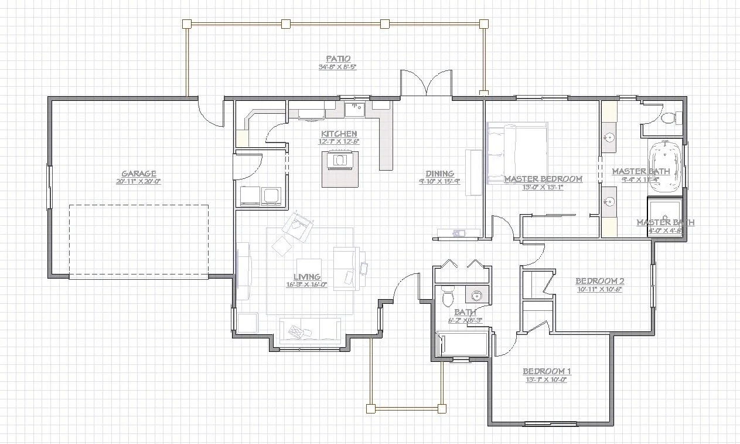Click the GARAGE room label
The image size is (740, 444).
click(x=138, y=174)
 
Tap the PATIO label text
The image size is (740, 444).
click(x=338, y=59)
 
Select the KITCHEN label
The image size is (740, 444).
click(x=339, y=134)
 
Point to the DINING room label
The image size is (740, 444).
click(x=439, y=174)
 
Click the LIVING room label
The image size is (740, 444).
click(x=306, y=277)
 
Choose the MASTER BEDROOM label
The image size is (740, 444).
click(x=543, y=179)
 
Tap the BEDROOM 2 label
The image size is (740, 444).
click(x=599, y=281)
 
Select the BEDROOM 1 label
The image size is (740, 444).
click(x=546, y=371)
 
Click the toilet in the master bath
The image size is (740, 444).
click(x=668, y=118)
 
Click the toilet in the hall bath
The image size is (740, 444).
click(x=448, y=296)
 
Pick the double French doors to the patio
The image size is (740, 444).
click(x=427, y=83)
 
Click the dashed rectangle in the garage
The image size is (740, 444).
click(x=138, y=240)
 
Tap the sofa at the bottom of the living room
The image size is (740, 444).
click(x=310, y=331)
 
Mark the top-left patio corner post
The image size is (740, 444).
click(x=187, y=23)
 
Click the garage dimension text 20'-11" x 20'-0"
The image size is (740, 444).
click(x=138, y=182)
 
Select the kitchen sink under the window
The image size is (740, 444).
click(x=355, y=108)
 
